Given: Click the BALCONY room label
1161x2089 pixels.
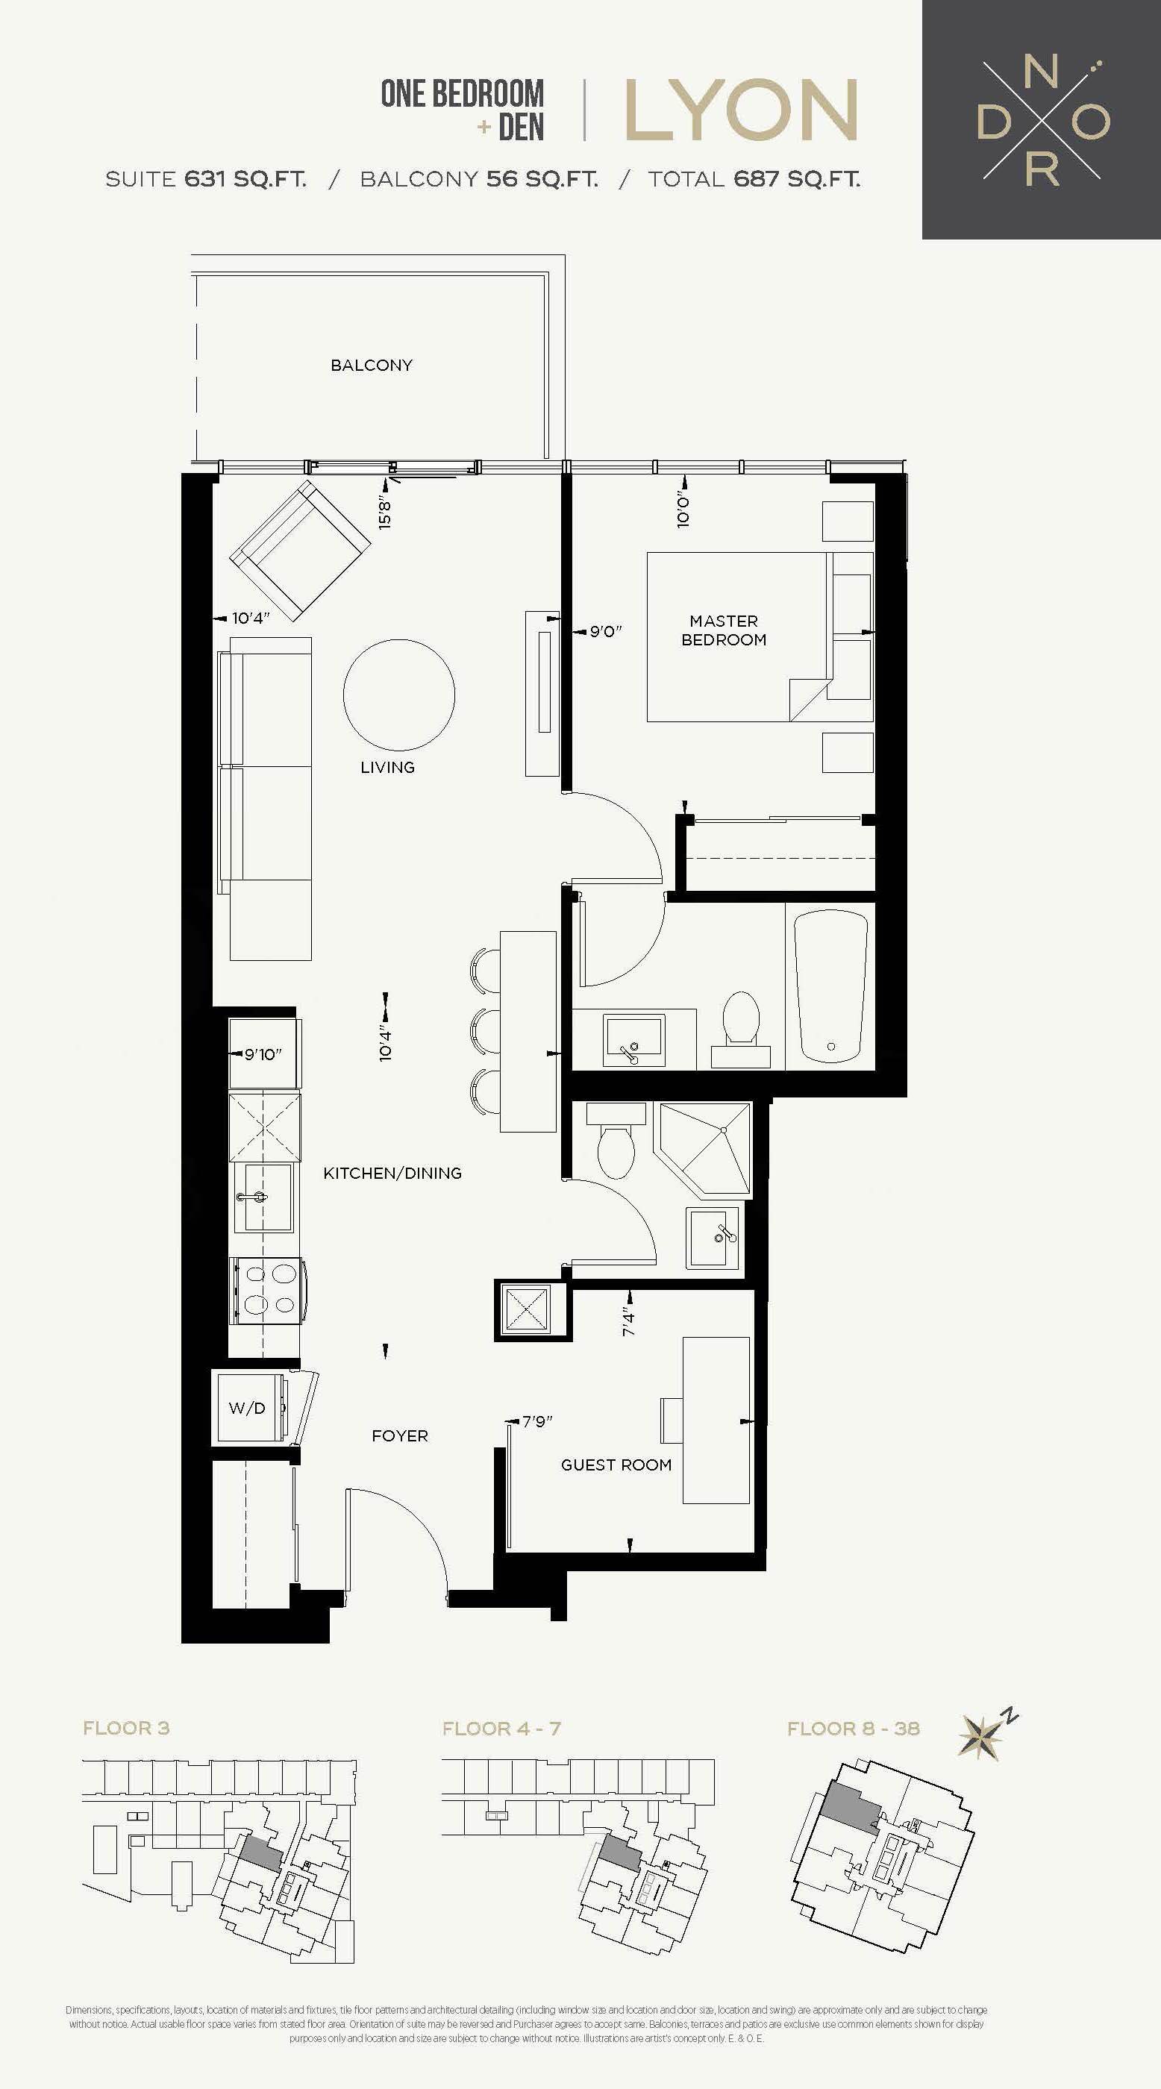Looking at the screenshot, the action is point(372,365).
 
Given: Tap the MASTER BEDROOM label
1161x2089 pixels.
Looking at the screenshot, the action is point(724,630).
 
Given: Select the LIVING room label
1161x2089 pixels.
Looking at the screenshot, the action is point(387,767).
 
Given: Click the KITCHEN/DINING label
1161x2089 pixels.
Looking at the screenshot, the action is point(392,1174).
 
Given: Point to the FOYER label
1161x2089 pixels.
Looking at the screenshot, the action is point(400,1435).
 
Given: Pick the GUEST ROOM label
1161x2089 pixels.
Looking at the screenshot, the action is point(616,1465).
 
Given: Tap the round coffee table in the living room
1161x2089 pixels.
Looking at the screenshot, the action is point(399,695).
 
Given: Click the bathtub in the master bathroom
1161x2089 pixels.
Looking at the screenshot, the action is point(831,986).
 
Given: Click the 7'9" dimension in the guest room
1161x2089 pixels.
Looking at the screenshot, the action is point(536,1421).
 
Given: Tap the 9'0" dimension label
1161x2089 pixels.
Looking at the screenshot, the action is point(606,631).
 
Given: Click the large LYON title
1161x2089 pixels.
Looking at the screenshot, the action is point(741,110).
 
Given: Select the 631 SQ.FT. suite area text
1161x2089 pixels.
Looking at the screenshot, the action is point(245,178).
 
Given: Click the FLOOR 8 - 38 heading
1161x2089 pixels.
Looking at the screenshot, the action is point(854,1728).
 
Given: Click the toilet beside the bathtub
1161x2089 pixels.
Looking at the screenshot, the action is point(741,1027).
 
